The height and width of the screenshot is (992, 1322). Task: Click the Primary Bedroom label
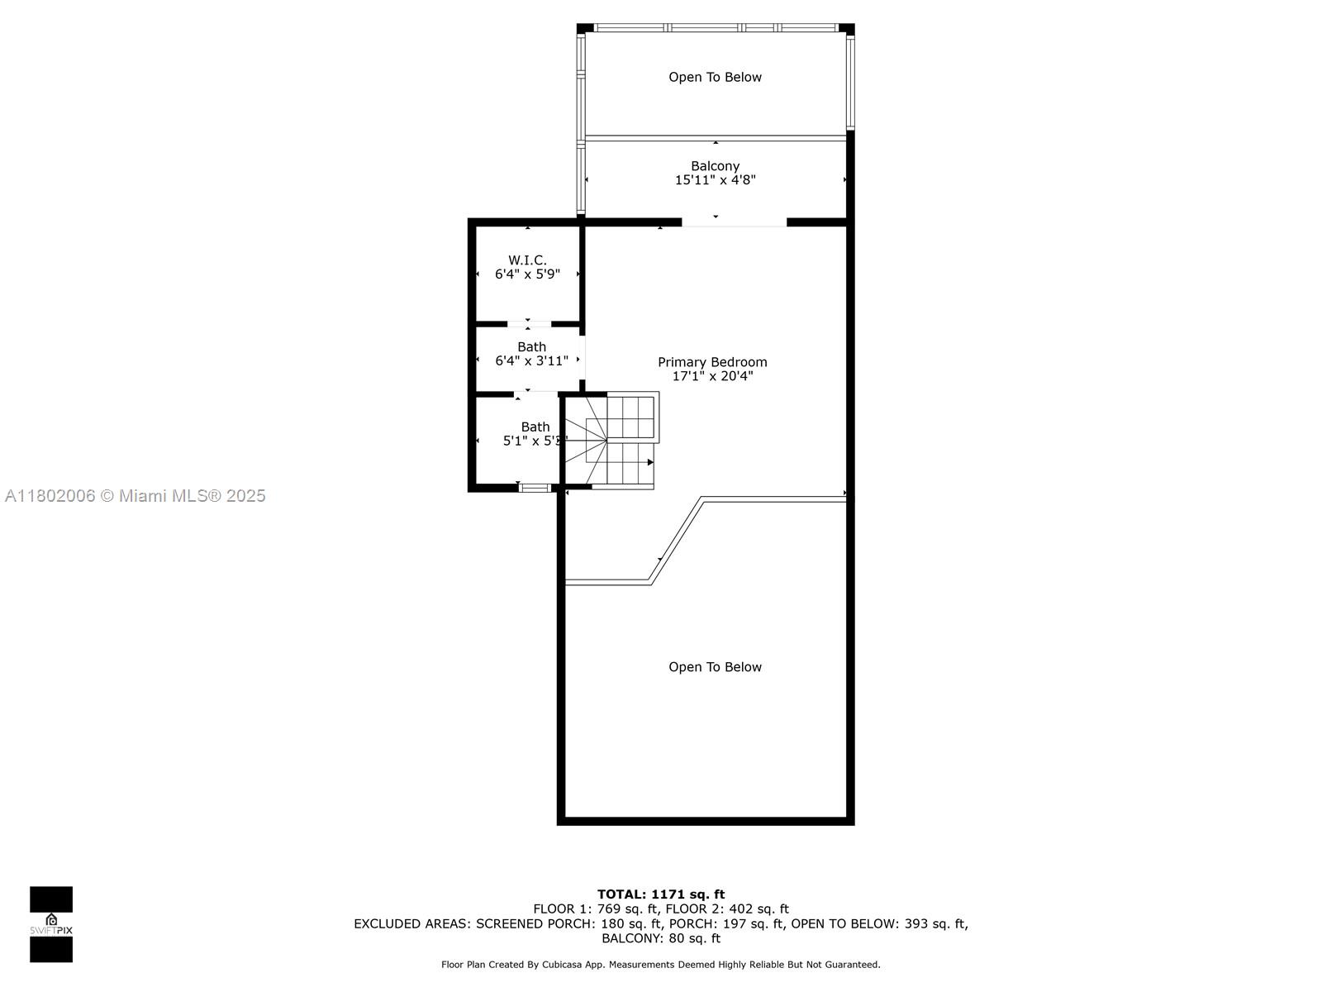click(x=712, y=362)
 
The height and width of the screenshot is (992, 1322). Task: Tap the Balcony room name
click(x=715, y=165)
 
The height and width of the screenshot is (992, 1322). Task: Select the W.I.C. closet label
click(x=527, y=260)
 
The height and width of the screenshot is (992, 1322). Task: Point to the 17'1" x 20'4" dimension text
click(x=712, y=376)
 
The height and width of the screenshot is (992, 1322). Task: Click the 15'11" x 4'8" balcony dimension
click(x=715, y=180)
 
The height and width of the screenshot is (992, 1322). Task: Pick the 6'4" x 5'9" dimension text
click(x=527, y=274)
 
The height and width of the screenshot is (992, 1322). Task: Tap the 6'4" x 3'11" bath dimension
click(x=531, y=360)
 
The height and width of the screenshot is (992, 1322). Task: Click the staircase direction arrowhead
click(x=650, y=463)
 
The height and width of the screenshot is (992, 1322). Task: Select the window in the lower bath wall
click(x=535, y=488)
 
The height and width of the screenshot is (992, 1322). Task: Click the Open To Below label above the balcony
click(x=715, y=77)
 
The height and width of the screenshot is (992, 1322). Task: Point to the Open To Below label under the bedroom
click(x=715, y=667)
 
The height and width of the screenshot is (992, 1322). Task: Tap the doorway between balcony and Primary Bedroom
click(x=734, y=223)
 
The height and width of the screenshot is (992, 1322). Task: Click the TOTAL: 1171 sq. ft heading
click(x=661, y=894)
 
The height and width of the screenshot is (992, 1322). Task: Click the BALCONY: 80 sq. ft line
click(x=661, y=938)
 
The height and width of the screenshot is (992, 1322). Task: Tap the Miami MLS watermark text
click(x=135, y=496)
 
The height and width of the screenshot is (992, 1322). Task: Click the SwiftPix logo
click(x=51, y=924)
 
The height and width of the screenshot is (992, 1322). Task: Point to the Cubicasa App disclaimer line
click(x=661, y=965)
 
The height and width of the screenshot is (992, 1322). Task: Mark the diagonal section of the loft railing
click(x=676, y=541)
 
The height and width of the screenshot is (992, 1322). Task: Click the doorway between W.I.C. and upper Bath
click(x=529, y=324)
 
